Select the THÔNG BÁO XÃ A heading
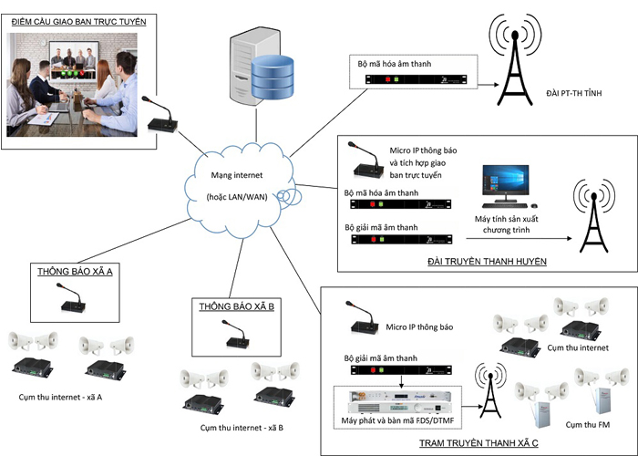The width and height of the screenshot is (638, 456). click(x=76, y=271)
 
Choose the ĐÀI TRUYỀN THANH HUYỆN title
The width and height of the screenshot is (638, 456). click(x=487, y=262)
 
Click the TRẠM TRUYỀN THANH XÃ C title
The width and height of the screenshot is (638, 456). click(x=478, y=442)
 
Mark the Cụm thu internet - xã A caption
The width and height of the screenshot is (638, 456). click(x=61, y=399)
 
